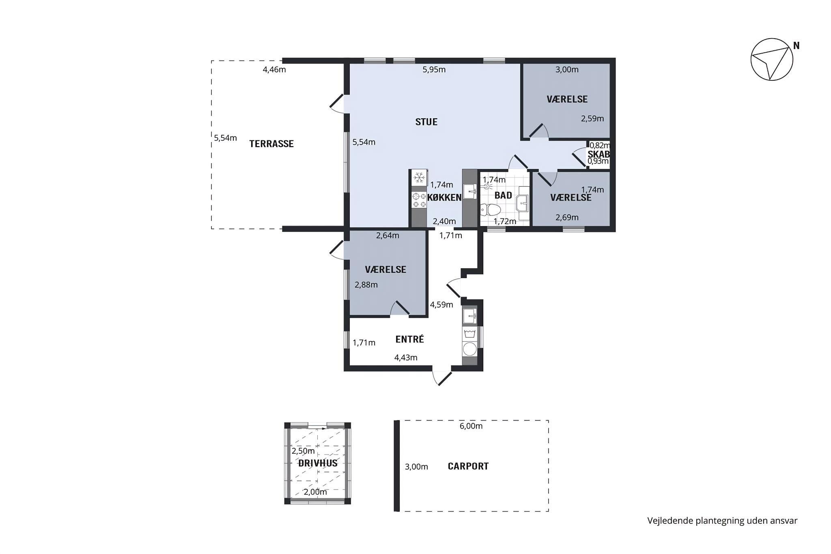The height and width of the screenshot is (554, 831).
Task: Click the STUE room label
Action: tap(426, 122)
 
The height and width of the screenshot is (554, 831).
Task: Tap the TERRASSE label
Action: tap(271, 144)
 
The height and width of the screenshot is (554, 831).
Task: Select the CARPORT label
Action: tap(468, 466)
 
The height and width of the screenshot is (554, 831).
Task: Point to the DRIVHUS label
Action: tap(318, 463)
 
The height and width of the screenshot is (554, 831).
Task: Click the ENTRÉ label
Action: tap(409, 339)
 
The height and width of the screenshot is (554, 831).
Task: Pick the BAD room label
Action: tap(503, 195)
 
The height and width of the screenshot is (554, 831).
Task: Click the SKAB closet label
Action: tap(598, 154)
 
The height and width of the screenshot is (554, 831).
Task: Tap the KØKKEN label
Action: tap(444, 198)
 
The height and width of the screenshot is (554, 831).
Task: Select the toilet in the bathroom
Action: tap(491, 210)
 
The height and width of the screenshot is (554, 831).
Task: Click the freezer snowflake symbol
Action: tap(419, 178)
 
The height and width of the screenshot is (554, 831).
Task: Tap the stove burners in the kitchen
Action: tap(419, 200)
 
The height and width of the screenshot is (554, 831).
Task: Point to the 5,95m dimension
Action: tap(434, 70)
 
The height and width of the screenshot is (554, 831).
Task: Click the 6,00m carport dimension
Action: tap(471, 426)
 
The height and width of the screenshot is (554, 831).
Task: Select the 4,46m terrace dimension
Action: tap(274, 70)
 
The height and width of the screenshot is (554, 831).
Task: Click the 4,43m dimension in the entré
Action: tap(406, 358)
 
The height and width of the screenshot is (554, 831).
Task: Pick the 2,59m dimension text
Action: tap(592, 119)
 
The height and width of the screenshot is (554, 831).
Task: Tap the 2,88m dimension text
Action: tap(366, 285)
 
